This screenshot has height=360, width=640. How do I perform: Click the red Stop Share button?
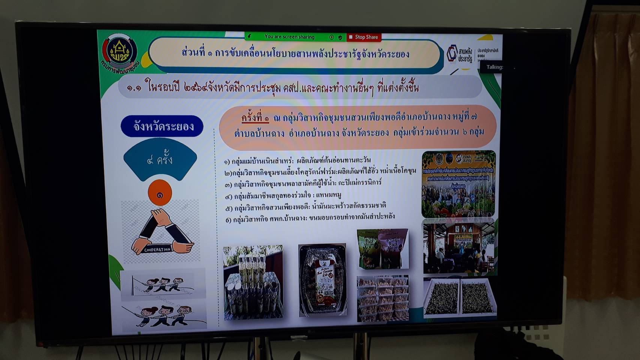364,37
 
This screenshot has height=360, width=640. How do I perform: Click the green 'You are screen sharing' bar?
289,37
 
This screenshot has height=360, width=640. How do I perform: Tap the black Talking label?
494,67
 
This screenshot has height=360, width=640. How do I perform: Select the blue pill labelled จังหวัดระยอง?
162,126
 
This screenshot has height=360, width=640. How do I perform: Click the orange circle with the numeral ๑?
160,193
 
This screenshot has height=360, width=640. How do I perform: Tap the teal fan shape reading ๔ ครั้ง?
160,159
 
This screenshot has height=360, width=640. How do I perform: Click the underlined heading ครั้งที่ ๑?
255,118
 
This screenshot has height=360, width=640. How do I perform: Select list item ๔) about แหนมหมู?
283,195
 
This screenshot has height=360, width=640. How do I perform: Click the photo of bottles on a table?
253,282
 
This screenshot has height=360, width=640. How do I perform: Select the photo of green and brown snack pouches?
383,249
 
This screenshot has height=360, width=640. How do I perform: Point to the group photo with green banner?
458,184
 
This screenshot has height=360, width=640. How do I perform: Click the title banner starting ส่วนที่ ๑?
294,54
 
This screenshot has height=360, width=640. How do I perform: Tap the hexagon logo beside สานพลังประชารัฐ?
452,54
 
